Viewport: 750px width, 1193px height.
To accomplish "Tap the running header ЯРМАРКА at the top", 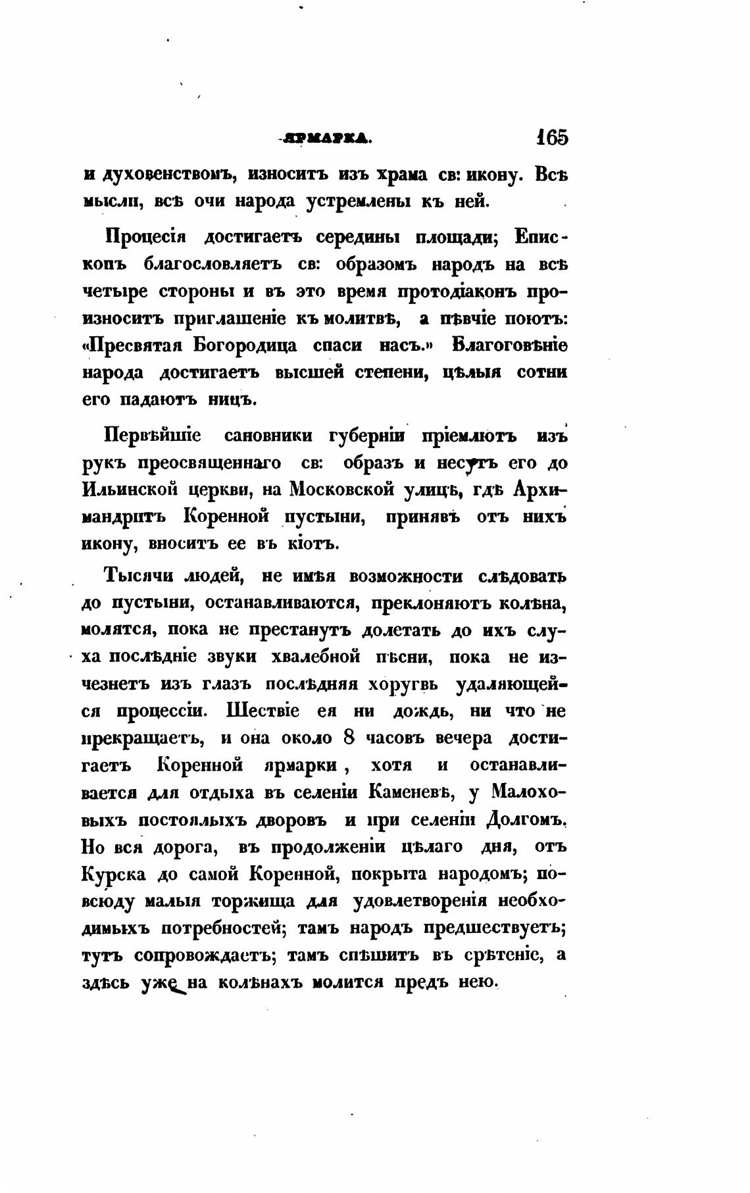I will (326, 138).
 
